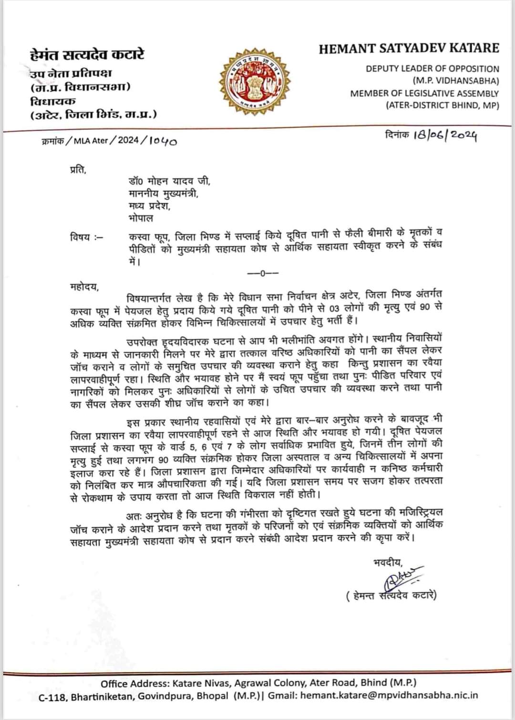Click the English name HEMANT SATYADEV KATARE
pyautogui.click(x=409, y=48)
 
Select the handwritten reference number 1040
pyautogui.click(x=164, y=141)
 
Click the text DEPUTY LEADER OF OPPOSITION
pyautogui.click(x=432, y=68)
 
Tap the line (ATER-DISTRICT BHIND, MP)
pyautogui.click(x=442, y=105)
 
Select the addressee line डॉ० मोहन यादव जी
pyautogui.click(x=169, y=181)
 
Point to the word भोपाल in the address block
pyautogui.click(x=141, y=218)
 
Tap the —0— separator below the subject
pyautogui.click(x=263, y=273)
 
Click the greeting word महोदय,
pyautogui.click(x=84, y=287)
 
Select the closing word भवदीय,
pyautogui.click(x=388, y=562)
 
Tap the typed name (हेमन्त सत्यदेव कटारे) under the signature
pyautogui.click(x=391, y=595)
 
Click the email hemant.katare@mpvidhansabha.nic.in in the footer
pyautogui.click(x=389, y=696)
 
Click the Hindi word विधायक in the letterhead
pyautogui.click(x=53, y=101)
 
